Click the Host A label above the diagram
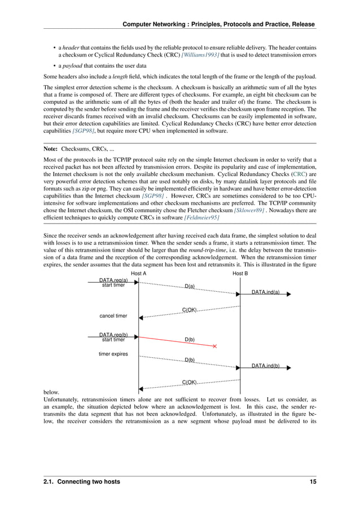click(x=139, y=274)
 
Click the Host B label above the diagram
click(x=240, y=274)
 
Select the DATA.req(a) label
click(x=113, y=280)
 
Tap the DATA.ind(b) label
click(x=266, y=366)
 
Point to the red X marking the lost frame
click(x=215, y=346)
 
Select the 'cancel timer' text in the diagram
click(x=113, y=315)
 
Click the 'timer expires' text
click(x=113, y=354)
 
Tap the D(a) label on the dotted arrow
click(x=190, y=287)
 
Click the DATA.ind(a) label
click(x=266, y=292)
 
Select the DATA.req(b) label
click(x=113, y=335)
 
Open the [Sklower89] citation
click(x=249, y=209)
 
